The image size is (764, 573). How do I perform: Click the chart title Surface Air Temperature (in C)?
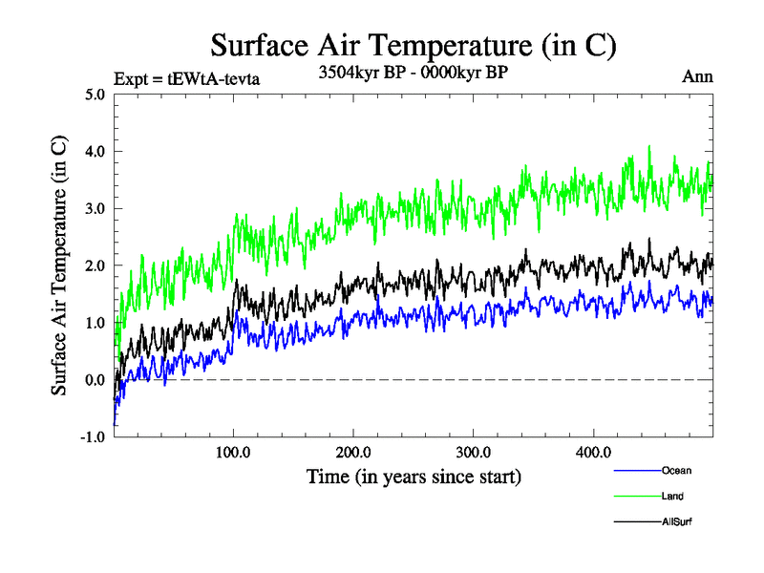point(413,45)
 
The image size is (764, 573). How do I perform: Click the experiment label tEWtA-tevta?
point(186,78)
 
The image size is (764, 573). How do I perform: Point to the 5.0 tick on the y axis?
point(95,95)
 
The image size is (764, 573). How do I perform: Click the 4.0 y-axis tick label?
point(95,152)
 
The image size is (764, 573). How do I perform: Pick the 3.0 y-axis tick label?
point(95,209)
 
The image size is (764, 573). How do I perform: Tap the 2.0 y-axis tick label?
point(95,266)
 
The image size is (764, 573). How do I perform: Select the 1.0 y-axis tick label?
point(95,323)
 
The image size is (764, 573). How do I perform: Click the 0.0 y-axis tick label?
point(95,380)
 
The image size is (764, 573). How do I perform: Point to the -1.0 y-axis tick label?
point(93,437)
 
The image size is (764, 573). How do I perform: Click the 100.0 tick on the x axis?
point(234,452)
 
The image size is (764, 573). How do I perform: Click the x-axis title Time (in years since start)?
point(414,477)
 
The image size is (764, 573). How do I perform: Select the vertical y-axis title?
point(59,265)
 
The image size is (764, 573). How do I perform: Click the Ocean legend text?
point(675,470)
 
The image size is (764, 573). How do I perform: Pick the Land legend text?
point(671,496)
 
